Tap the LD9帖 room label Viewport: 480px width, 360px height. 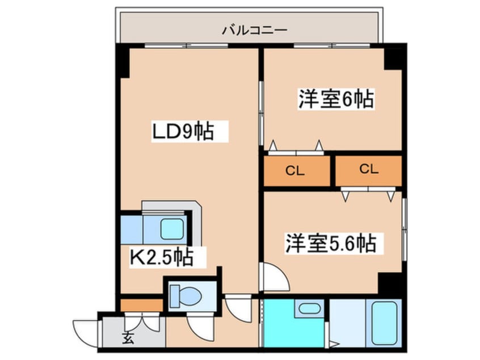(182, 132)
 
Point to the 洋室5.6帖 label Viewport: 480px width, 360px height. (330, 244)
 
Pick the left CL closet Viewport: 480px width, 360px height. (297, 171)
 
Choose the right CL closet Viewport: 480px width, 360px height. (369, 169)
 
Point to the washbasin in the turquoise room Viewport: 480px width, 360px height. (309, 309)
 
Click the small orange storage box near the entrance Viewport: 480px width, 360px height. (141, 305)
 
